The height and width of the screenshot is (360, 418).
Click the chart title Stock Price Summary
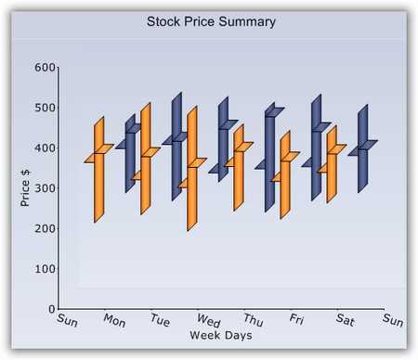point(211,20)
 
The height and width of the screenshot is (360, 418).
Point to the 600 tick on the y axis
point(46,68)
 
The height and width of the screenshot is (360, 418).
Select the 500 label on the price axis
point(46,108)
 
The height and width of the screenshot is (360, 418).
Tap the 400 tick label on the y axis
point(46,148)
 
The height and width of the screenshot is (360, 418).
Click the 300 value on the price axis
point(46,188)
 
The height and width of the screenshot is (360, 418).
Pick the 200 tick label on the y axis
point(46,228)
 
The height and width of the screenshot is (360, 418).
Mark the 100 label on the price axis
point(46,268)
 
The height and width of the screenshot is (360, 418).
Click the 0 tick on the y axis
point(52,308)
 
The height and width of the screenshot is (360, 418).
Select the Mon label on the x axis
point(114,321)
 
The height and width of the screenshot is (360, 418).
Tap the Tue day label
point(161,321)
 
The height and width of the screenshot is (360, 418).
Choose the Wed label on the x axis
point(208,321)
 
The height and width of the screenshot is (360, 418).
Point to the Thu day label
point(254,321)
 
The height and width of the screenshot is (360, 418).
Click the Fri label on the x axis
point(297,321)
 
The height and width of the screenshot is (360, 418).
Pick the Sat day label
point(346,321)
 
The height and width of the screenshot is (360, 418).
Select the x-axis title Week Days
point(220,334)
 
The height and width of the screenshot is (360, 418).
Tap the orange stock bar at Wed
point(191,172)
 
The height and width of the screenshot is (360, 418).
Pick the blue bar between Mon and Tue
point(130,153)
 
